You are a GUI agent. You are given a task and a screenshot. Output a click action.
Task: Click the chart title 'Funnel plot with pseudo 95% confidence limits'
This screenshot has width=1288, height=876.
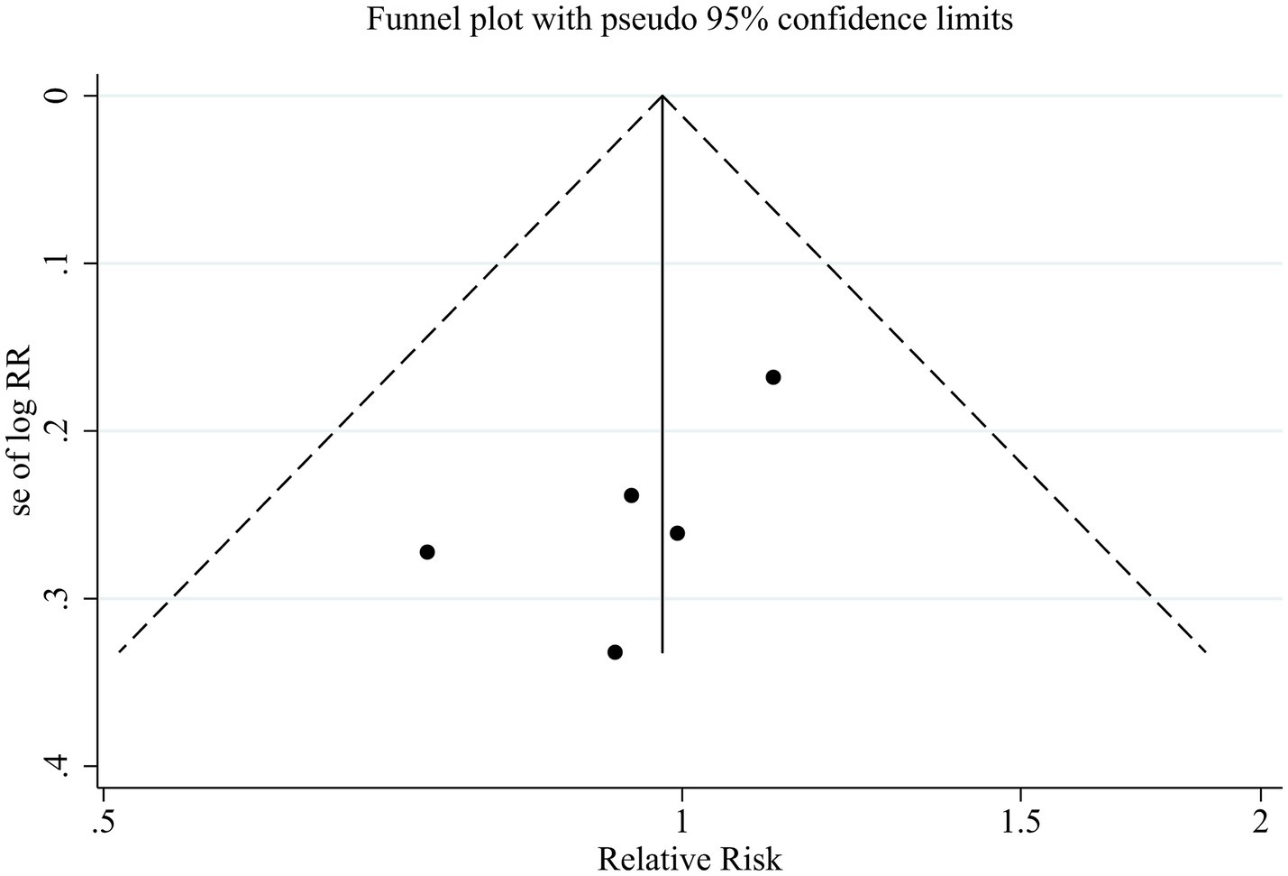coord(690,19)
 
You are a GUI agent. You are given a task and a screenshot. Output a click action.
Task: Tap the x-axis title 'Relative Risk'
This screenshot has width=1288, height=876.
coord(690,858)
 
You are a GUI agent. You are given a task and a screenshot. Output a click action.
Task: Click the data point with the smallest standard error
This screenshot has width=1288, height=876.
coord(772,377)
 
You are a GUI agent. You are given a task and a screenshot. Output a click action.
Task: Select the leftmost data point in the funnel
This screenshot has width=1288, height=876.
coord(427,551)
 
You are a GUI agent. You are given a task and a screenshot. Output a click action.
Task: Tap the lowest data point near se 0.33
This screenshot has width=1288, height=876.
coord(615,651)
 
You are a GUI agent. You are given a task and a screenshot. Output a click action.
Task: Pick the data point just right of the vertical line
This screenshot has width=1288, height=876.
coord(677,533)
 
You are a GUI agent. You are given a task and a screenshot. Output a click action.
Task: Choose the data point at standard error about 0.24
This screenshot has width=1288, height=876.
coord(631,495)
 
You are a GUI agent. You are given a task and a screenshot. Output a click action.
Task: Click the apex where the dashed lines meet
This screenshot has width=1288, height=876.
coord(662,95)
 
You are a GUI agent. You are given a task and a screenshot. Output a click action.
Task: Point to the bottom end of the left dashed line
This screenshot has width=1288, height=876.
coord(119,651)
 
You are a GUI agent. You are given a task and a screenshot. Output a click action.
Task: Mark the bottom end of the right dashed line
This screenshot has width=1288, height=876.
coord(1206,651)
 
